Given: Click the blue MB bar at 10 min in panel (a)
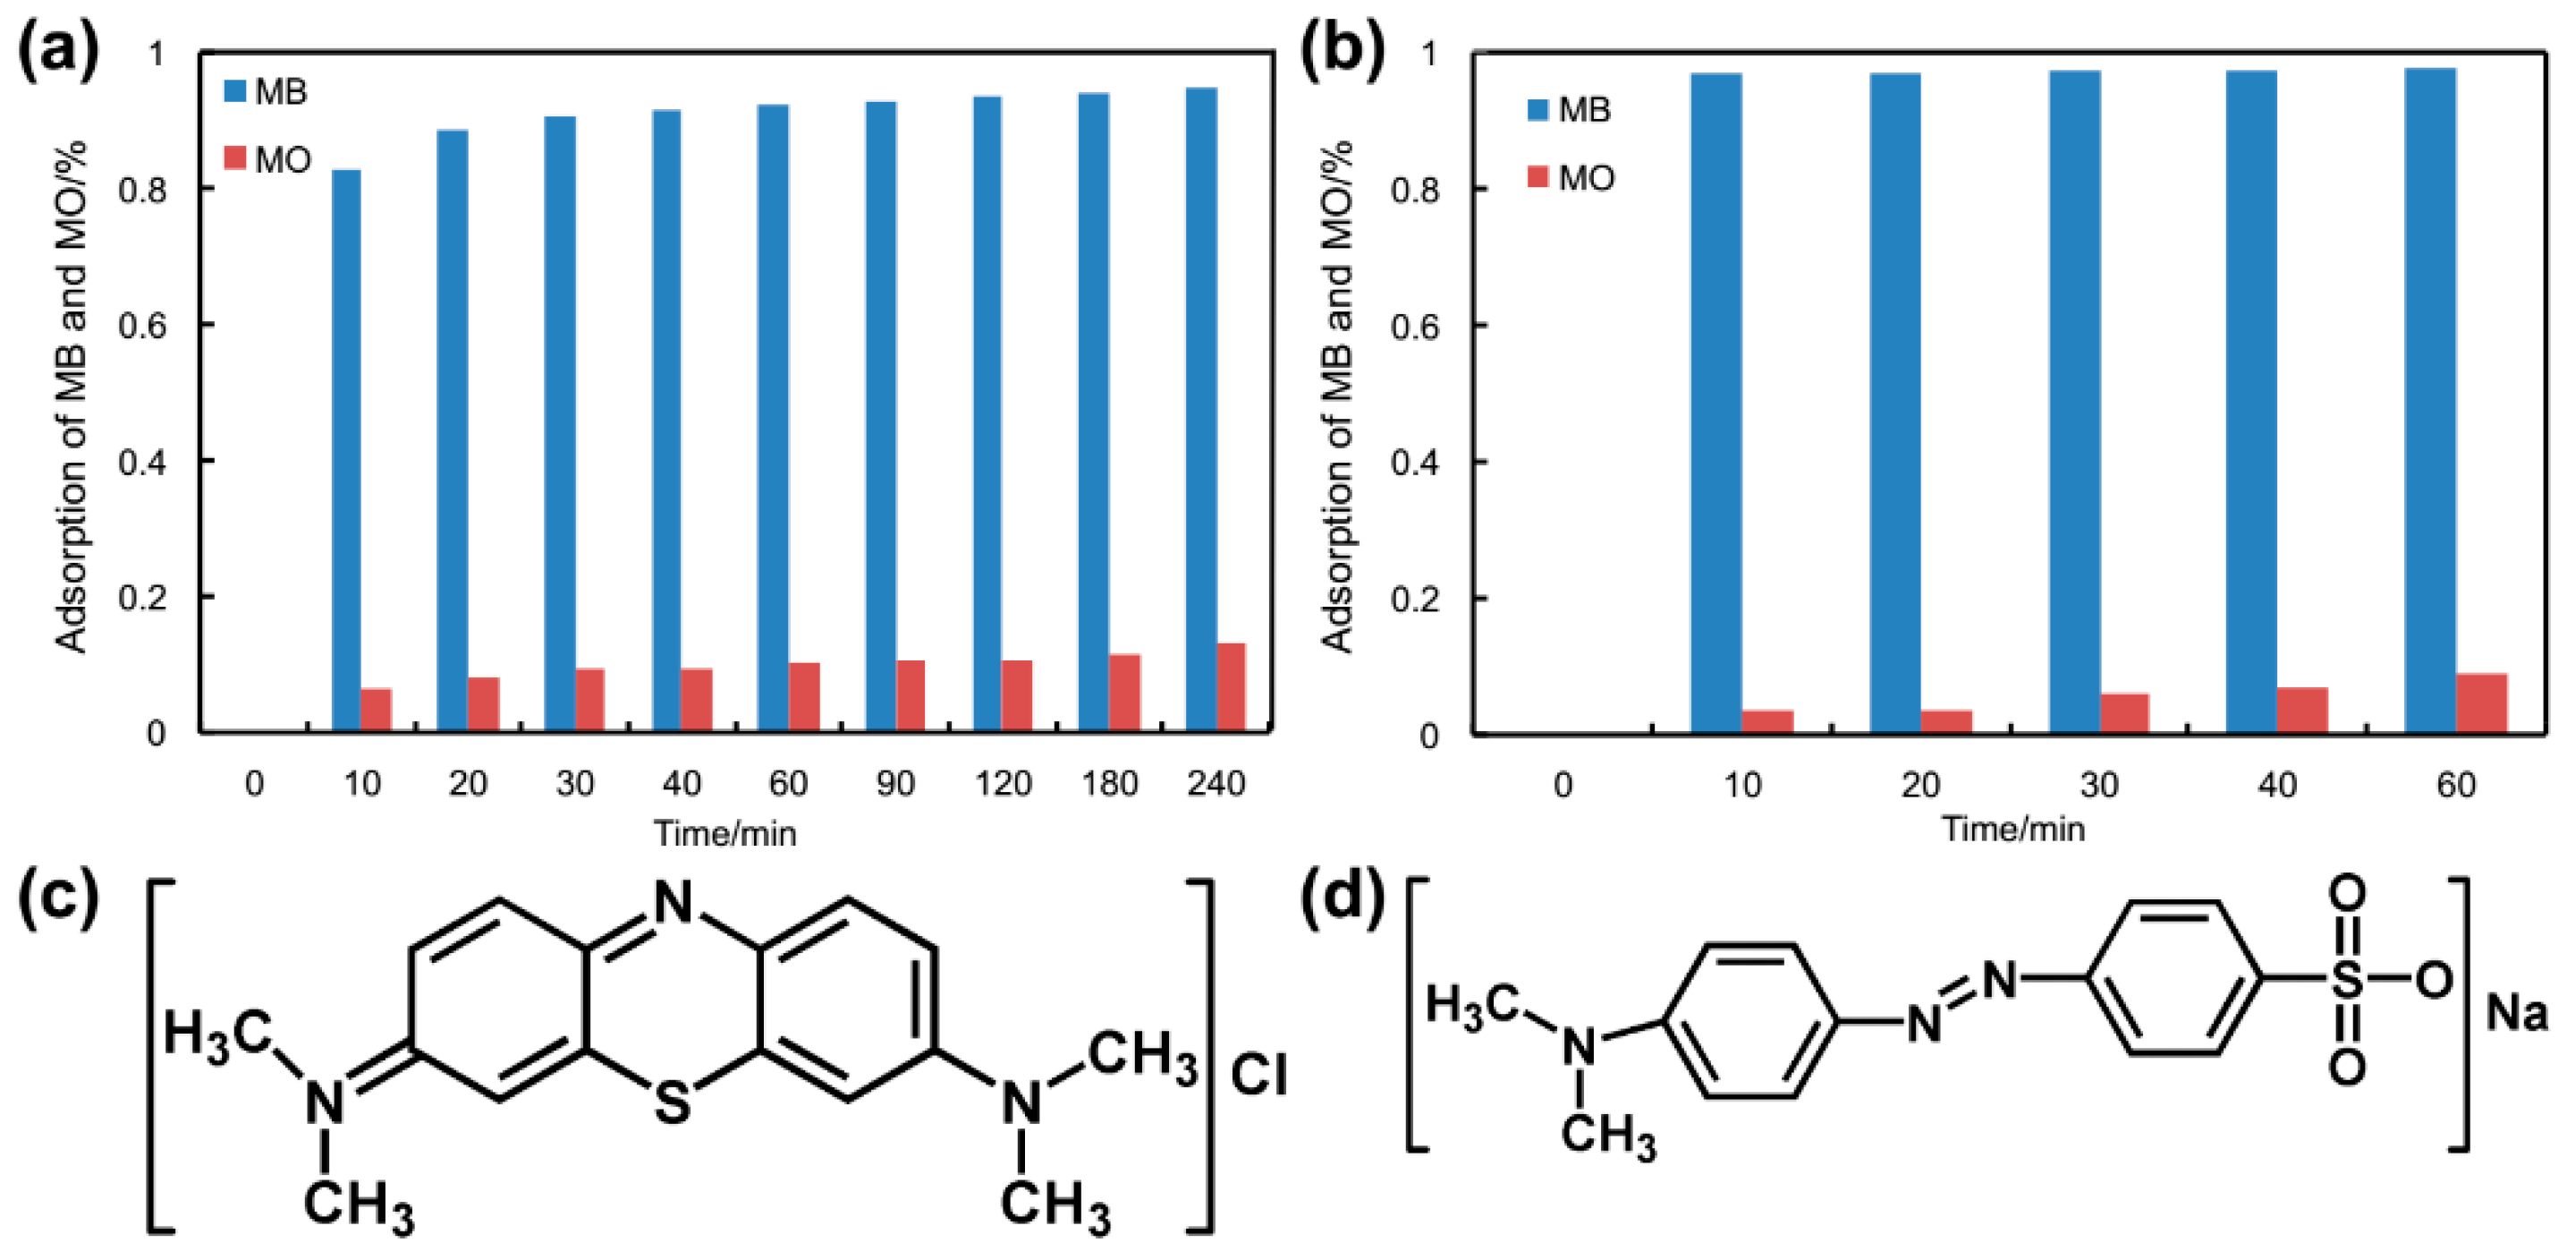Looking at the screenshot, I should coord(346,450).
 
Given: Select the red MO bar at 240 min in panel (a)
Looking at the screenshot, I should coord(1231,688).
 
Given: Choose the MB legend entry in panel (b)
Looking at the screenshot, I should coord(1570,110).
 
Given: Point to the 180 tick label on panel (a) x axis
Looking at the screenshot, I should coord(1109,785).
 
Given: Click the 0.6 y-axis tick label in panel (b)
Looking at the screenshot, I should coord(1415,327).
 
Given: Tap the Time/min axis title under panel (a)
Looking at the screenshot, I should coord(724,833).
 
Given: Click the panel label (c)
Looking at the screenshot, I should coord(58,896).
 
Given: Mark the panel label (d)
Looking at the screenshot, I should coord(1343,896).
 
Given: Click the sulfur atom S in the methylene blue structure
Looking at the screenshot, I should coord(673,1102).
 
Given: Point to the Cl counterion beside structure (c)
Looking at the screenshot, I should coord(1258,1075).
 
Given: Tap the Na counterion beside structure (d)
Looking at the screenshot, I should coord(2516,1013).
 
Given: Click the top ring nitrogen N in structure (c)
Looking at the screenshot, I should coord(673,902).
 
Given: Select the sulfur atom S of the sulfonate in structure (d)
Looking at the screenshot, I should coord(2347,980).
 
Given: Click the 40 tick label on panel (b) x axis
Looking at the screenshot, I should coord(2277,786).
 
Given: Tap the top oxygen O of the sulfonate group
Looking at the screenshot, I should coord(2347,893).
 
